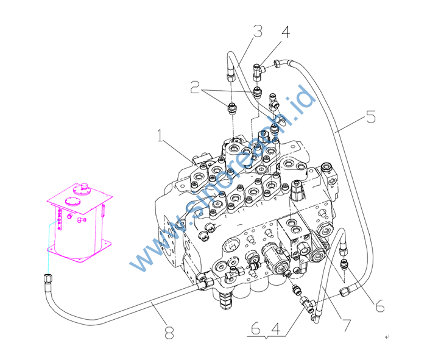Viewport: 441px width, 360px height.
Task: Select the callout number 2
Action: [x=195, y=89]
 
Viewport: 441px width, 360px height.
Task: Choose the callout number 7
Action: [x=347, y=325]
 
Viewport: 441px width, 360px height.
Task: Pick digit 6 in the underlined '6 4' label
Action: [x=255, y=328]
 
